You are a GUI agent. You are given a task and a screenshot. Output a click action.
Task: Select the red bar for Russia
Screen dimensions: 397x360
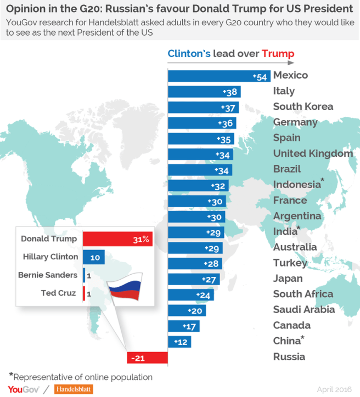pyautogui.click(x=147, y=358)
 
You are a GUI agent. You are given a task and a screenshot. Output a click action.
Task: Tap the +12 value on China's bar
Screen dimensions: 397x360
pyautogui.click(x=181, y=342)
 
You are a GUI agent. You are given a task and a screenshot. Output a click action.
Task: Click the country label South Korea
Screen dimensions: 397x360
pyautogui.click(x=303, y=106)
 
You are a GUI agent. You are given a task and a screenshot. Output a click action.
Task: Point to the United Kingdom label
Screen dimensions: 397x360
pyautogui.click(x=313, y=153)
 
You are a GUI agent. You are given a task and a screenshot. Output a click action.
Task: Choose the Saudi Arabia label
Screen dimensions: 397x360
pyautogui.click(x=303, y=309)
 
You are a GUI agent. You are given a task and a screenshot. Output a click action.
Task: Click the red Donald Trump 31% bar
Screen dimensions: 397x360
pyautogui.click(x=117, y=239)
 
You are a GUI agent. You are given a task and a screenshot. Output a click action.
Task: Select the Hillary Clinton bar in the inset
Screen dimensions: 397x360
pyautogui.click(x=93, y=257)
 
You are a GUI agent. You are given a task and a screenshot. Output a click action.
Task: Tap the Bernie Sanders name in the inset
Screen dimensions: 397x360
pyautogui.click(x=48, y=275)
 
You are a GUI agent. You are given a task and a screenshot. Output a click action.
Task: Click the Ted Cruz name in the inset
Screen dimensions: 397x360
pyautogui.click(x=58, y=293)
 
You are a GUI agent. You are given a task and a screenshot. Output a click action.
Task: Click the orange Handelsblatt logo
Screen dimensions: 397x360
pyautogui.click(x=73, y=389)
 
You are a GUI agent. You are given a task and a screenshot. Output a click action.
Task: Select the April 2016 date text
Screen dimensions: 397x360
pyautogui.click(x=334, y=389)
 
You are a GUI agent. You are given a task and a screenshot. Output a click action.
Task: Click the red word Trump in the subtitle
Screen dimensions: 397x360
pyautogui.click(x=278, y=54)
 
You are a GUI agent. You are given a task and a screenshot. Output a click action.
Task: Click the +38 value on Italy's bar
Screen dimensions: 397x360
pyautogui.click(x=230, y=92)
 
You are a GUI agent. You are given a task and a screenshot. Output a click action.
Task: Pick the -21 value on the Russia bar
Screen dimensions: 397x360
pyautogui.click(x=137, y=358)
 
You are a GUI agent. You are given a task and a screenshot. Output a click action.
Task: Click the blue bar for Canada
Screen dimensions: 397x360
pyautogui.click(x=183, y=326)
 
